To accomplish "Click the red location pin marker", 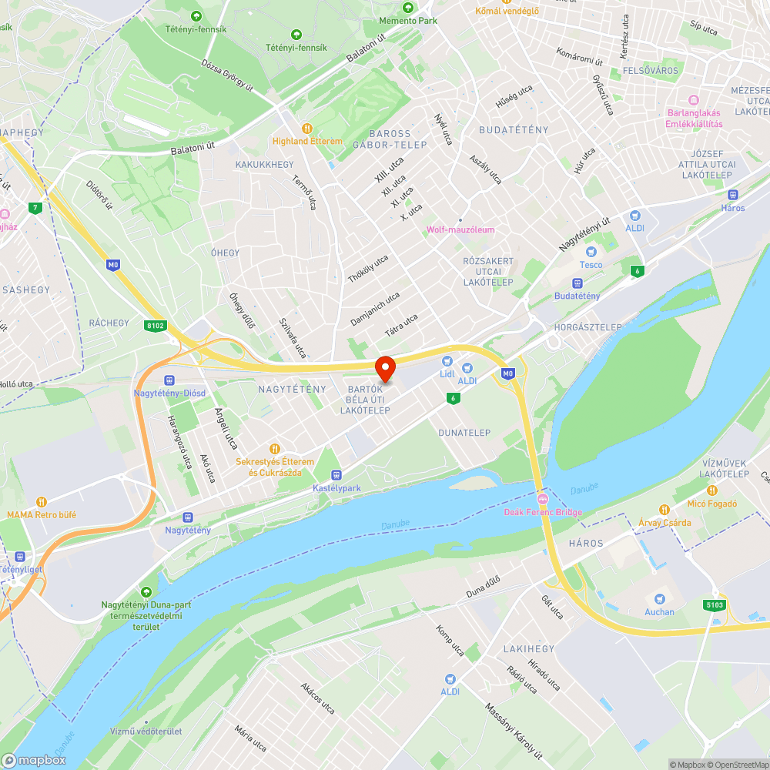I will tap(384, 369).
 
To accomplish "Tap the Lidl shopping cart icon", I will tap(447, 361).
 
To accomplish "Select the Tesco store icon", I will tap(591, 252).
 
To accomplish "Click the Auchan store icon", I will tap(659, 599).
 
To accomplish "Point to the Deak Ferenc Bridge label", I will tap(543, 512).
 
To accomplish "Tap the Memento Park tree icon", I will tap(407, 8).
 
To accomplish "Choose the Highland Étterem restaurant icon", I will tap(306, 129).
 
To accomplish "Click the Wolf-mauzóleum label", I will tap(460, 229).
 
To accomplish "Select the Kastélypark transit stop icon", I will tap(336, 475).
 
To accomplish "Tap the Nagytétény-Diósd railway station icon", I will tap(169, 380).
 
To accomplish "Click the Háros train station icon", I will tap(733, 195).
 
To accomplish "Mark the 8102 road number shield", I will tap(156, 326).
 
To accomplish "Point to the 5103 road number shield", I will tap(713, 605).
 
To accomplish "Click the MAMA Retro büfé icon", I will tap(42, 501).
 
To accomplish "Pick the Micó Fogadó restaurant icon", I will tap(712, 490).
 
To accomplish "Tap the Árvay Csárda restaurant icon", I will tap(665, 510).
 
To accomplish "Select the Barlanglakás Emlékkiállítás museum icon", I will tap(694, 99).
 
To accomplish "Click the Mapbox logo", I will tap(35, 760).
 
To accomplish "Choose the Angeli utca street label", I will tap(226, 429).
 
